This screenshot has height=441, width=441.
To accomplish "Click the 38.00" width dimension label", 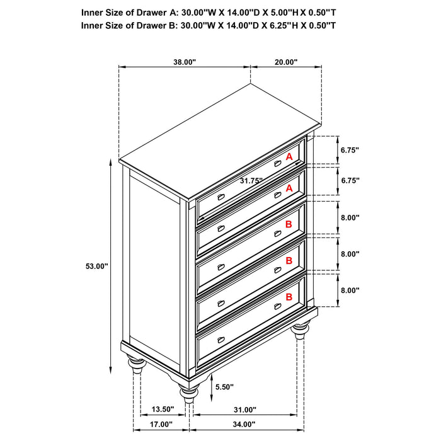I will pos(184,62).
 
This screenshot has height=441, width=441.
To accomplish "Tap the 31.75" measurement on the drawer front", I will pos(251,181).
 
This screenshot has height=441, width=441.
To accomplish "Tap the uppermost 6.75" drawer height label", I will pos(350,151).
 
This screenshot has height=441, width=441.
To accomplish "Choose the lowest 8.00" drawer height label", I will pos(350,290).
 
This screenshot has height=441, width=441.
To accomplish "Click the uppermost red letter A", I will pos(289,156).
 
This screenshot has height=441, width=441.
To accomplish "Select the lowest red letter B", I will pos(289,297).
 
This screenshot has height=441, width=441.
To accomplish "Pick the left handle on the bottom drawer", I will pos(220,340).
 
